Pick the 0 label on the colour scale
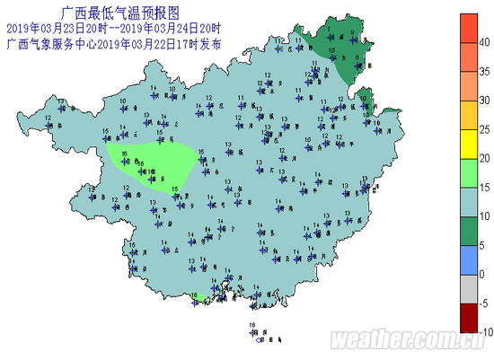(481, 274)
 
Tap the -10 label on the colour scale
(482, 331)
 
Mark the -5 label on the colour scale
(482, 303)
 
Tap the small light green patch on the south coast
(198, 297)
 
